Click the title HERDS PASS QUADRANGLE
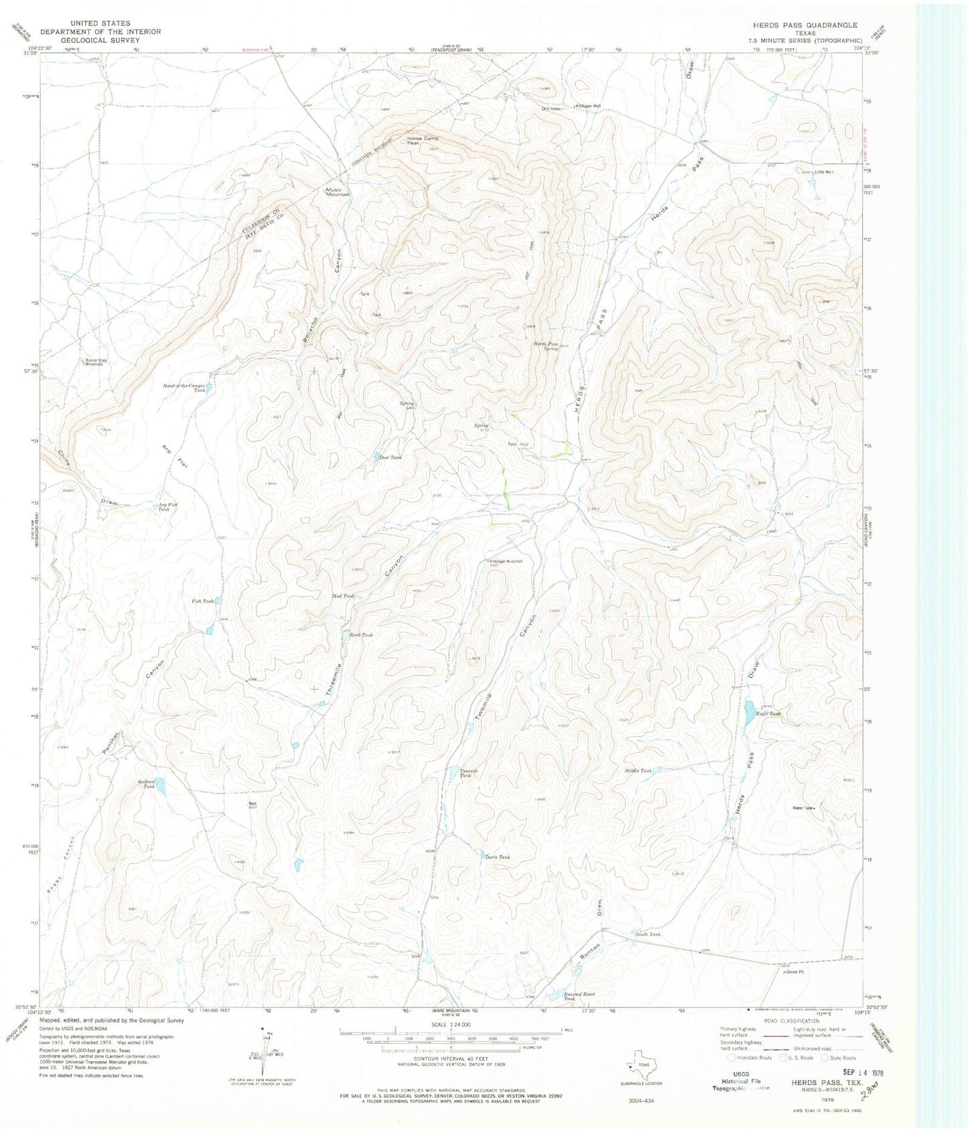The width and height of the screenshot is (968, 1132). pos(805,25)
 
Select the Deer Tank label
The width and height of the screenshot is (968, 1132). pos(391,457)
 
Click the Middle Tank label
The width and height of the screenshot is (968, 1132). pos(638,771)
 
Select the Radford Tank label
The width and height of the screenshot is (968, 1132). pos(146,784)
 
